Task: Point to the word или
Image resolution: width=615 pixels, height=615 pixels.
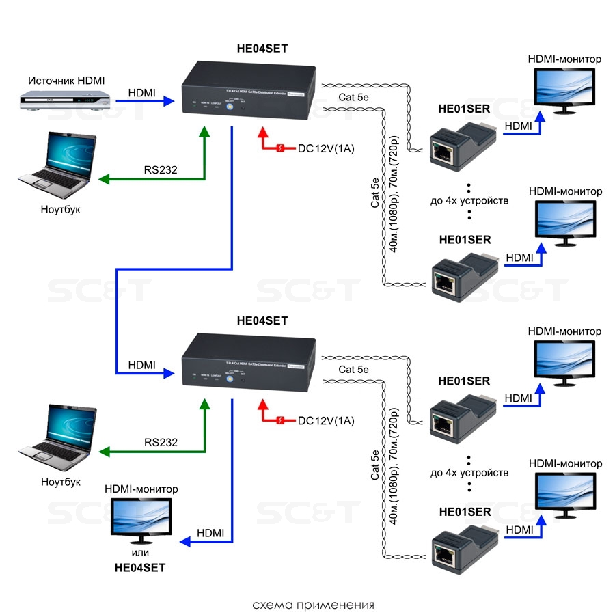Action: pyautogui.click(x=141, y=552)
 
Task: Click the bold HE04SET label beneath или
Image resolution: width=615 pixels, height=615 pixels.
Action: pyautogui.click(x=140, y=567)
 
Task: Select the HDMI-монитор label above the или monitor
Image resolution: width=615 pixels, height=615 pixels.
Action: pyautogui.click(x=141, y=489)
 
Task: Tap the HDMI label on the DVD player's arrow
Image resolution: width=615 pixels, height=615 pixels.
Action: pyautogui.click(x=141, y=92)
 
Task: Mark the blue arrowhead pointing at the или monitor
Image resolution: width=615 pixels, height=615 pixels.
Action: pyautogui.click(x=185, y=543)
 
